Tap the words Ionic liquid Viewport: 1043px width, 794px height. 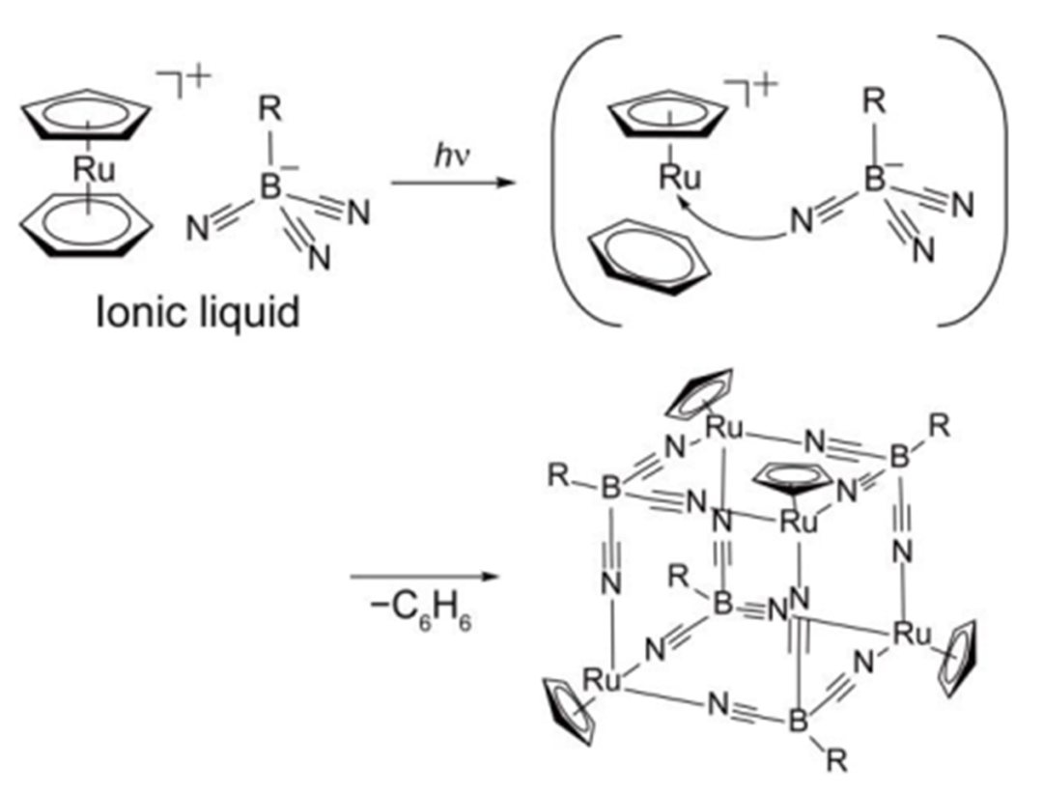click(x=198, y=310)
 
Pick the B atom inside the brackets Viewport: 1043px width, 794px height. click(x=874, y=181)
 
